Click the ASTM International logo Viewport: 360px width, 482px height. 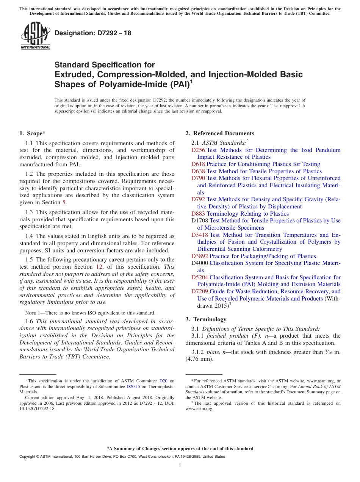point(35,36)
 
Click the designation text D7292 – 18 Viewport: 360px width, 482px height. point(93,33)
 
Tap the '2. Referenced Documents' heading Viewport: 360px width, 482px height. point(220,133)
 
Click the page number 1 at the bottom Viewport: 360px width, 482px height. point(180,466)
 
